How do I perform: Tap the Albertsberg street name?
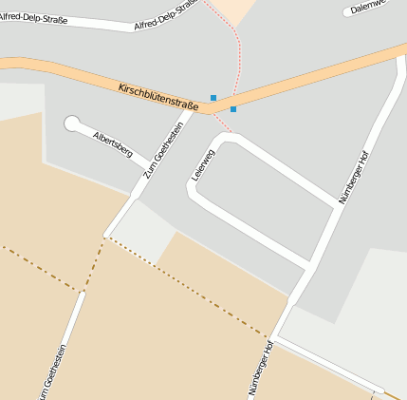click(x=112, y=143)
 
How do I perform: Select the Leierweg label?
click(x=202, y=164)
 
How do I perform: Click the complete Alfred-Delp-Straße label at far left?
click(x=33, y=16)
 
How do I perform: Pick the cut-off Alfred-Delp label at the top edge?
click(x=166, y=12)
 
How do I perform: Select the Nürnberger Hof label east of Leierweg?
click(x=353, y=177)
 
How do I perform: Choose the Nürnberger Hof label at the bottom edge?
click(x=261, y=368)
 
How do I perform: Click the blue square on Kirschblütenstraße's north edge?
click(x=213, y=97)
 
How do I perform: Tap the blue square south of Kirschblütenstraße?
click(x=233, y=109)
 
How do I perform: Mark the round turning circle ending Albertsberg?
click(x=72, y=123)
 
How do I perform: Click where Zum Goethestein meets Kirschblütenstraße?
click(x=197, y=109)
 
